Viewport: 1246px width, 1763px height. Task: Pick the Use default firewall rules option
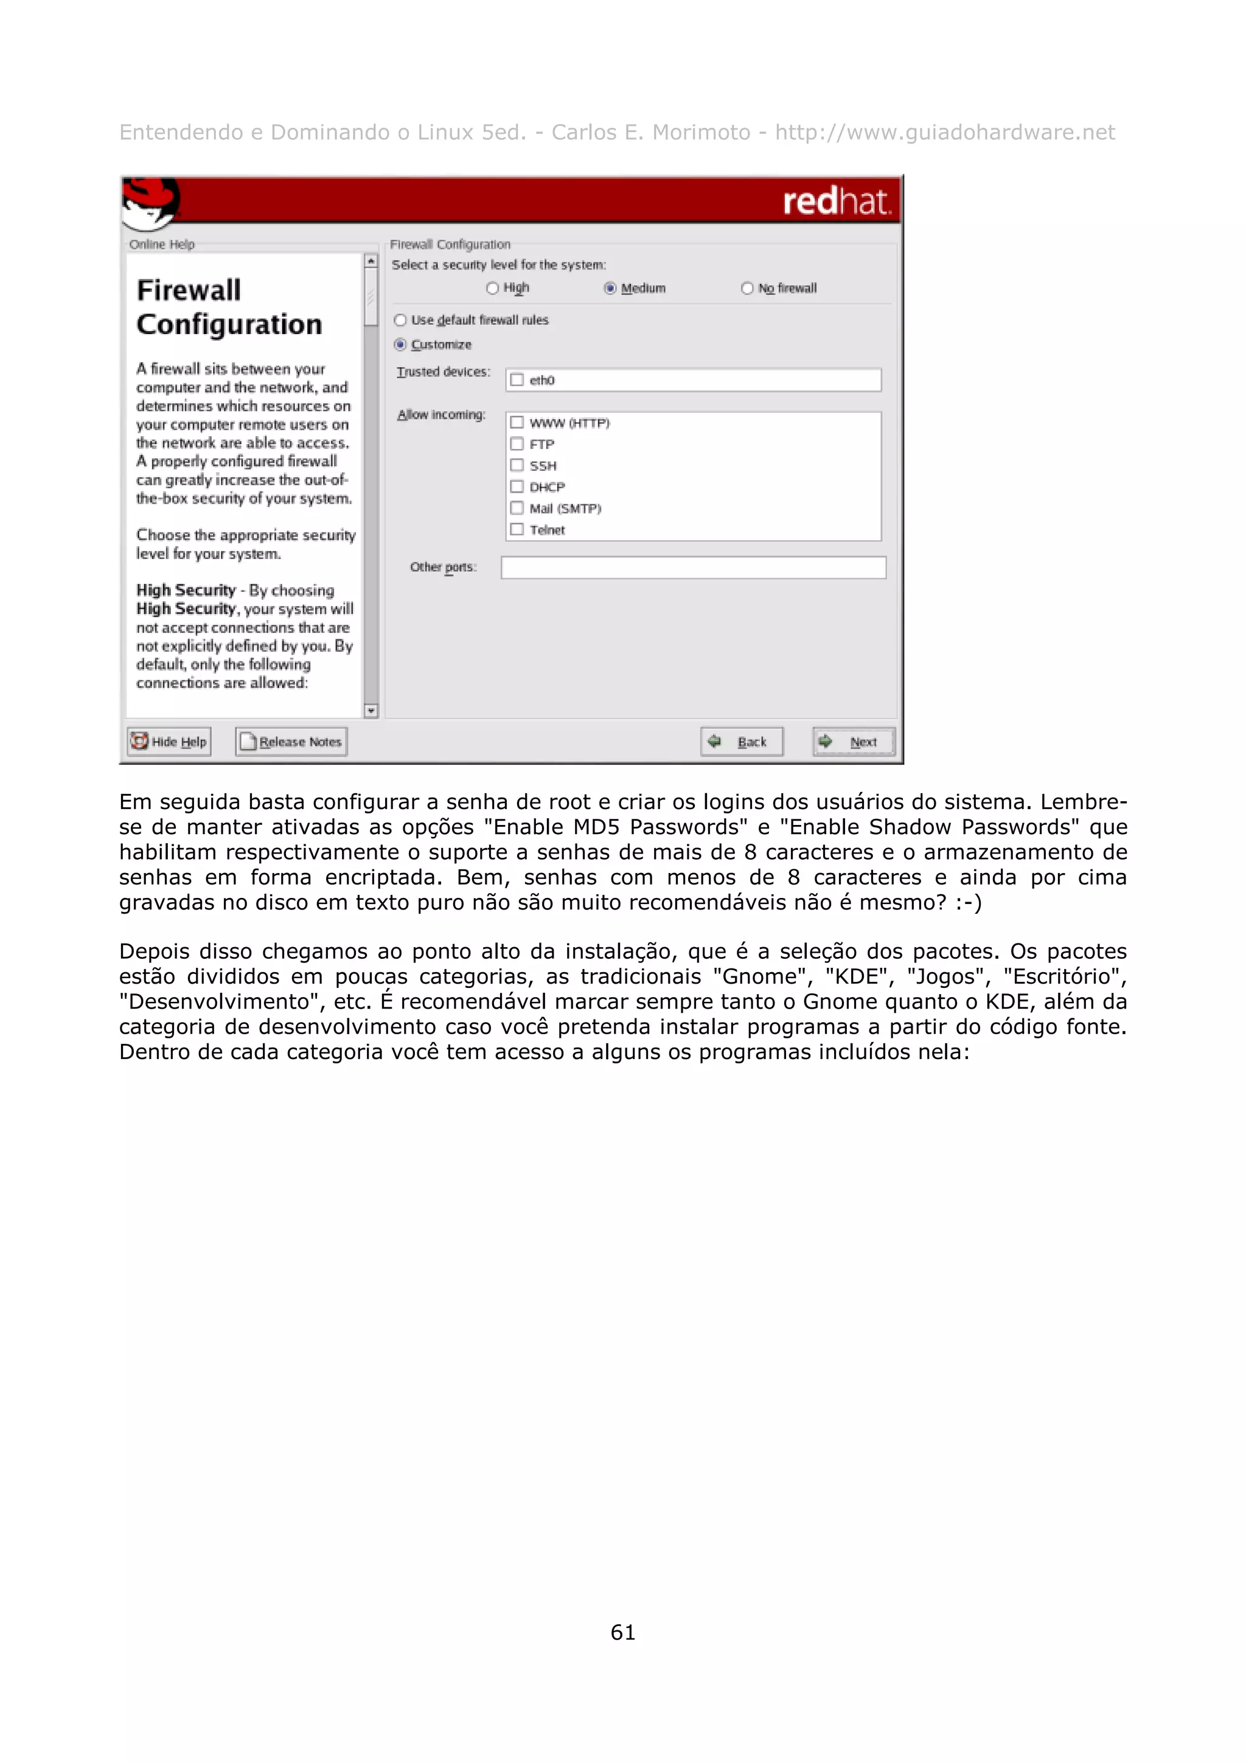click(x=400, y=320)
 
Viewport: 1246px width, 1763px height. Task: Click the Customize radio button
click(x=400, y=345)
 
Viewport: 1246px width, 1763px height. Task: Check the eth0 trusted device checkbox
click(x=517, y=380)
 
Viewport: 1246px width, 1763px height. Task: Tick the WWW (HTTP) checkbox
click(x=517, y=423)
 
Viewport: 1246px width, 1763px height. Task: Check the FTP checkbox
click(x=517, y=444)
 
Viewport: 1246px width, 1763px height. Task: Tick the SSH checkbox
click(x=517, y=465)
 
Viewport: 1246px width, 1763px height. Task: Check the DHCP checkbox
click(x=517, y=487)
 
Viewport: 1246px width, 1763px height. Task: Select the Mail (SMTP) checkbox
click(x=517, y=509)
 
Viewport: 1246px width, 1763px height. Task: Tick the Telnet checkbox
click(x=517, y=530)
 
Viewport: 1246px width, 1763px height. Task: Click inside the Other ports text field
click(x=692, y=568)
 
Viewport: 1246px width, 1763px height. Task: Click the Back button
click(x=741, y=742)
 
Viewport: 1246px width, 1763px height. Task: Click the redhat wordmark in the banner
click(x=835, y=201)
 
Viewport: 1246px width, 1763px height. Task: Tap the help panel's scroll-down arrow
click(x=371, y=711)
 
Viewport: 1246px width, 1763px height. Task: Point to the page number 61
click(x=622, y=1632)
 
